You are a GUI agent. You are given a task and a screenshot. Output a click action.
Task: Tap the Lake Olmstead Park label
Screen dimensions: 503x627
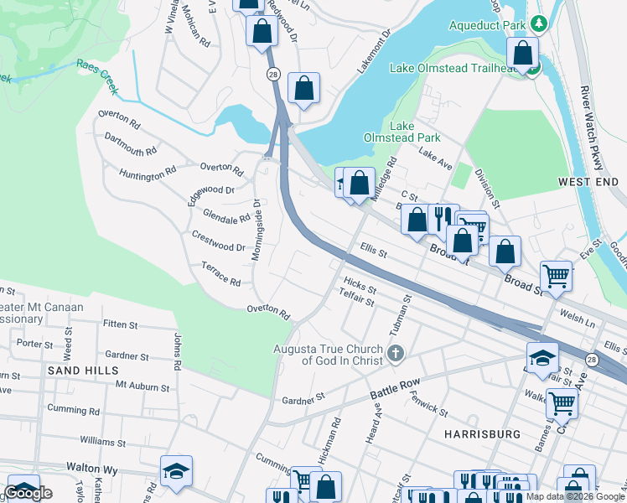coord(402,132)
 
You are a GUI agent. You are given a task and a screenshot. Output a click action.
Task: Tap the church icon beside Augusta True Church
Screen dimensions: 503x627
coord(396,355)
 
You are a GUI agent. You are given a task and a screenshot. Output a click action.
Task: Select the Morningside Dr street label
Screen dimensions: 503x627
coord(256,228)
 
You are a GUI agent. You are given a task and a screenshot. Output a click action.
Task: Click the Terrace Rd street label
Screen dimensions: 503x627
coord(221,273)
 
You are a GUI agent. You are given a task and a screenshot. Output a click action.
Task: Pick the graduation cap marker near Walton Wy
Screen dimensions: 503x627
coord(177,472)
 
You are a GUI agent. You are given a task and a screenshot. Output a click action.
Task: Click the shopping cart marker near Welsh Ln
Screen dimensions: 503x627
coord(557,275)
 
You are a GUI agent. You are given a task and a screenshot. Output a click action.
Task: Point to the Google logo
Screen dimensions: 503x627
coord(28,492)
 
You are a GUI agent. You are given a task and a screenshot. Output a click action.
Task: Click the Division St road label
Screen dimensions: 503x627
coord(486,187)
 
